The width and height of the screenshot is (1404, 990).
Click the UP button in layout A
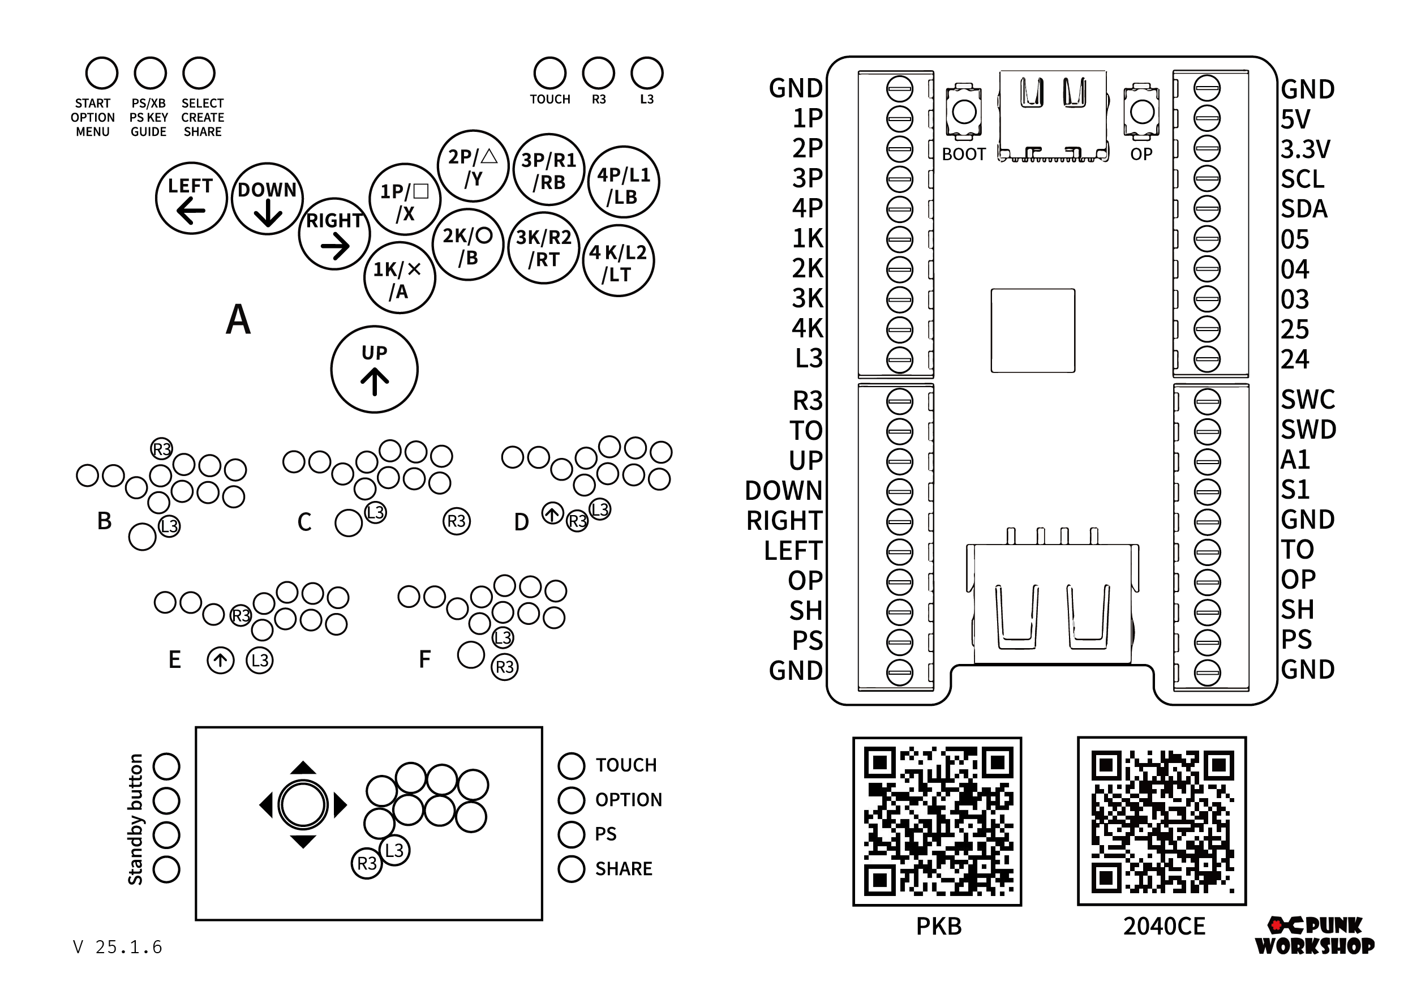tap(374, 369)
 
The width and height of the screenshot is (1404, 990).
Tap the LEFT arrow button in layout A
tap(191, 198)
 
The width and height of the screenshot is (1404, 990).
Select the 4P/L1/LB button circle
tap(624, 182)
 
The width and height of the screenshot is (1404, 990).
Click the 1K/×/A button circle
tap(400, 277)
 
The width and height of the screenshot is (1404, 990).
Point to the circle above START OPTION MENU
tap(101, 74)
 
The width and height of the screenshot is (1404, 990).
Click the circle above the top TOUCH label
tap(549, 74)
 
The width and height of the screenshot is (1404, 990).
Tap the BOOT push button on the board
tap(964, 112)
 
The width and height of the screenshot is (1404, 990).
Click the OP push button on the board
tap(1141, 112)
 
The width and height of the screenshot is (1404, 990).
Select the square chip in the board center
tap(1033, 331)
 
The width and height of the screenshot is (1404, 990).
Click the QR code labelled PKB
tap(938, 821)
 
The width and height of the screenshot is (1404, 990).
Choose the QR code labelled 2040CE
tap(1162, 821)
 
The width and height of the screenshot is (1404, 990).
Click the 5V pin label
tap(1295, 119)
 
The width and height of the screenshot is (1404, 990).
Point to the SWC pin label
tap(1308, 399)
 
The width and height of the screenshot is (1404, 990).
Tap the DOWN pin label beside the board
tap(784, 490)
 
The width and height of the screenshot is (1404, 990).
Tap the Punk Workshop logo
tap(1315, 936)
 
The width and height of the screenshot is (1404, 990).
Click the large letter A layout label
tap(238, 319)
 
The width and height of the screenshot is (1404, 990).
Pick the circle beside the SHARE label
tap(571, 869)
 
